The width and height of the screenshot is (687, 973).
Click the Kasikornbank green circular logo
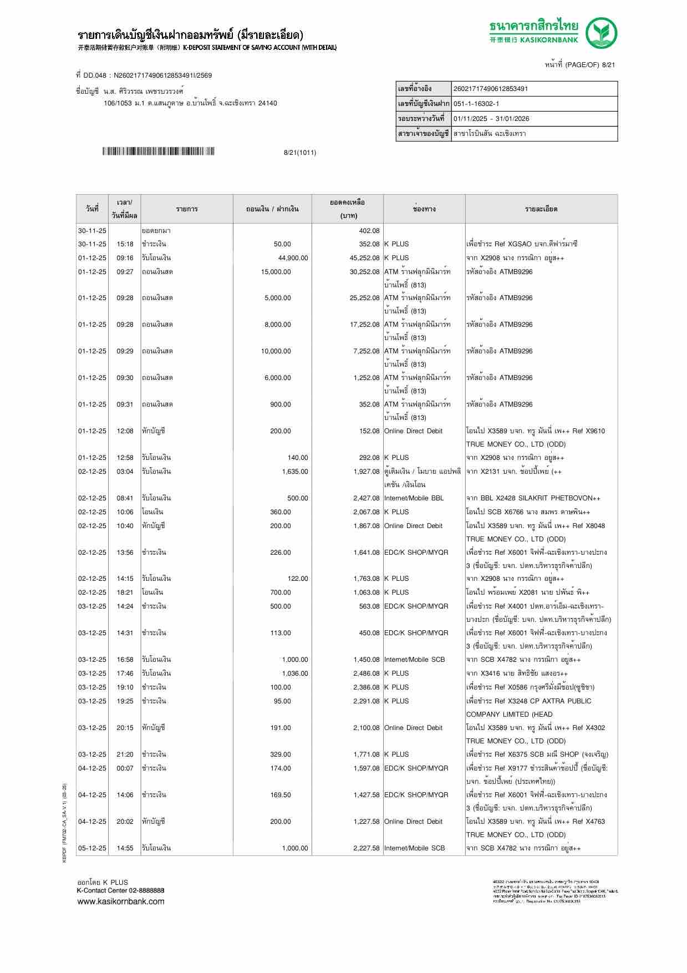click(602, 33)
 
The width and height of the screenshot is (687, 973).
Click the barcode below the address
click(158, 151)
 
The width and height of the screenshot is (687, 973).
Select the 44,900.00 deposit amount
click(293, 258)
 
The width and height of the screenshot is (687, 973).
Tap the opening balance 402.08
click(369, 231)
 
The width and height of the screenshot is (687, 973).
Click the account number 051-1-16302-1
click(476, 104)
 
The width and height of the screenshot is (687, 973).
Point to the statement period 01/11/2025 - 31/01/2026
click(491, 119)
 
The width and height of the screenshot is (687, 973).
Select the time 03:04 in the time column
click(125, 472)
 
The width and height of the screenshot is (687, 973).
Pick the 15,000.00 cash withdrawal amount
click(276, 272)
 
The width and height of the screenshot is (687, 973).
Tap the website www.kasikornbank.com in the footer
click(121, 901)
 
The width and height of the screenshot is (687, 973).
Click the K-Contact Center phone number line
click(120, 890)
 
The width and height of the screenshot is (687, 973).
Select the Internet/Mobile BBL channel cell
click(414, 498)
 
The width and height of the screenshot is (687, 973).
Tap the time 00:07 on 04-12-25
click(125, 768)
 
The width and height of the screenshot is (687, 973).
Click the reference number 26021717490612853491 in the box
click(491, 89)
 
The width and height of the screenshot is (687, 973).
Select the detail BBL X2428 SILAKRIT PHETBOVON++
click(533, 498)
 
